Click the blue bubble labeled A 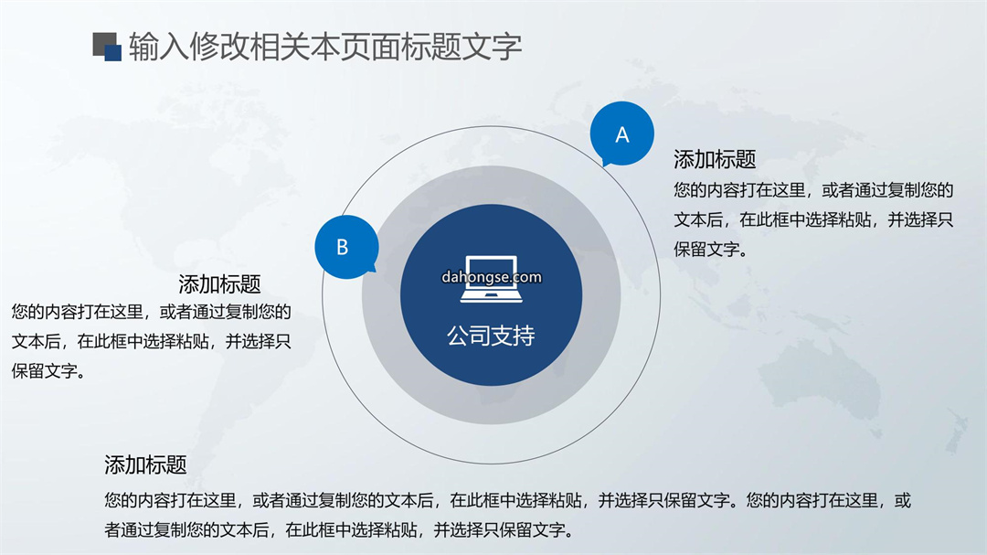(x=622, y=133)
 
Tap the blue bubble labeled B (x=347, y=247)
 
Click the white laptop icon (x=491, y=279)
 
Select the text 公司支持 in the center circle (x=491, y=336)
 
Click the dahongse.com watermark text (x=492, y=277)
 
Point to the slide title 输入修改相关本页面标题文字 (x=325, y=47)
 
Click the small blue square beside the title (x=112, y=53)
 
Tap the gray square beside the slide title (x=102, y=42)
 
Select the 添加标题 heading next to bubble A (x=715, y=159)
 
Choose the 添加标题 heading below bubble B (x=219, y=284)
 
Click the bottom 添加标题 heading (x=145, y=464)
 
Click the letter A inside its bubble (x=622, y=134)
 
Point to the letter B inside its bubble (x=343, y=247)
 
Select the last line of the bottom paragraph (x=340, y=529)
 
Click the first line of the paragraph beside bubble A (x=814, y=189)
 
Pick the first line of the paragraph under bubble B (x=151, y=312)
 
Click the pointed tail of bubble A (x=605, y=165)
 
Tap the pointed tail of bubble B (x=373, y=271)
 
